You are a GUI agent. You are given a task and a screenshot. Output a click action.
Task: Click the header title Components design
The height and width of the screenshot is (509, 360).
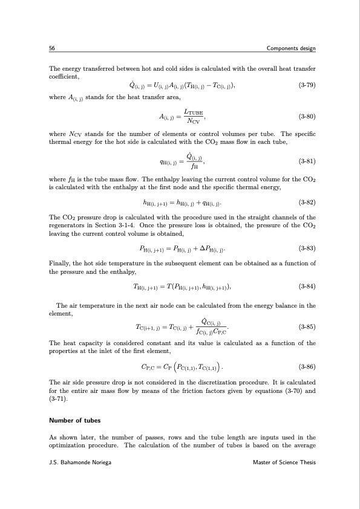tap(290, 48)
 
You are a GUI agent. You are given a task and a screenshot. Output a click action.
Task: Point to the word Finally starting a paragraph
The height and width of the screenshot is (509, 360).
tap(59, 264)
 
